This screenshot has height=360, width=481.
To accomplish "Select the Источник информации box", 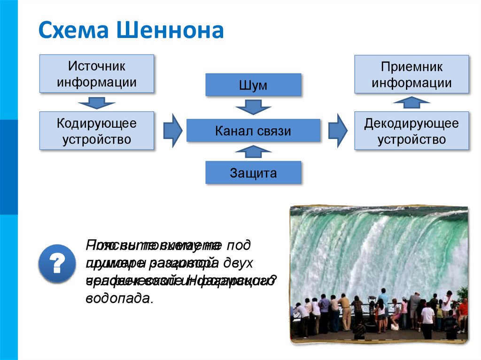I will pos(97,74).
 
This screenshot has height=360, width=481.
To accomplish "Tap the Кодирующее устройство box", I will pos(97,131).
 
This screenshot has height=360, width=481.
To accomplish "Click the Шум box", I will pos(253,85).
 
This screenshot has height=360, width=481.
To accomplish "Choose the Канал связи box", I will pos(253,130).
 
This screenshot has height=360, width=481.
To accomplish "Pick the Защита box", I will pos(253,173).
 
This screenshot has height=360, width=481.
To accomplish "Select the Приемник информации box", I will pos(411,75).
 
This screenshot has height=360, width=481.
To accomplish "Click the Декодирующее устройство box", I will pos(411,131).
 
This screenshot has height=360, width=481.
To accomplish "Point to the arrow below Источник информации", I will pos(97,102).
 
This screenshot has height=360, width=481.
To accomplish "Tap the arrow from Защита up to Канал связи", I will pos(253,151).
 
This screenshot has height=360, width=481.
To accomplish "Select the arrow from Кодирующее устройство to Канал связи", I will pos(172,130).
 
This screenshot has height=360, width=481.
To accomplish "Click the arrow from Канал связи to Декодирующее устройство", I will pos(337,130).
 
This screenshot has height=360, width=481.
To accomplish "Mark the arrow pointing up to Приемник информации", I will pos(411,102).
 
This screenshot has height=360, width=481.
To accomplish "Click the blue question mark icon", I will pos(57,263).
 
